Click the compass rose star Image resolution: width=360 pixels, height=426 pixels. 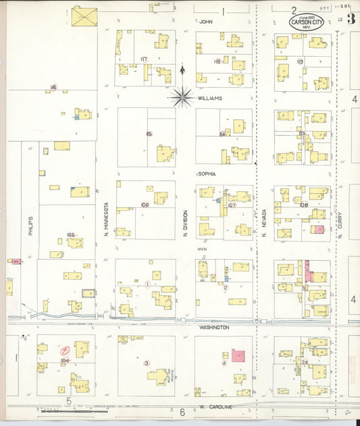tap(182, 97)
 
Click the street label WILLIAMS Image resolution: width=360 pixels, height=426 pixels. tap(209, 98)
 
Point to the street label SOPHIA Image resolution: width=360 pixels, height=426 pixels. tap(207, 174)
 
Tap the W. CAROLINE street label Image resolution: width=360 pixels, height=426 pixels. tap(215, 407)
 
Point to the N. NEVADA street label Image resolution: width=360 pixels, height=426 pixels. tap(264, 223)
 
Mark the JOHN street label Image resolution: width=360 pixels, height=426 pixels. tap(206, 22)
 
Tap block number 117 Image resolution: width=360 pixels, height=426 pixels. tap(144, 59)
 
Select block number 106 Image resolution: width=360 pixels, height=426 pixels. tap(145, 205)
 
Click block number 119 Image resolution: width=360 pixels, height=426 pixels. tap(300, 61)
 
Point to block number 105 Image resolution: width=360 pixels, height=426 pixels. tap(70, 235)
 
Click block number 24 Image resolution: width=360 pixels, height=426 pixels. tap(305, 363)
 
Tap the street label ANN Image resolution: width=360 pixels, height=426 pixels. tap(201, 249)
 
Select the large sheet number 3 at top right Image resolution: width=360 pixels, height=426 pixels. tap(351, 18)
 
